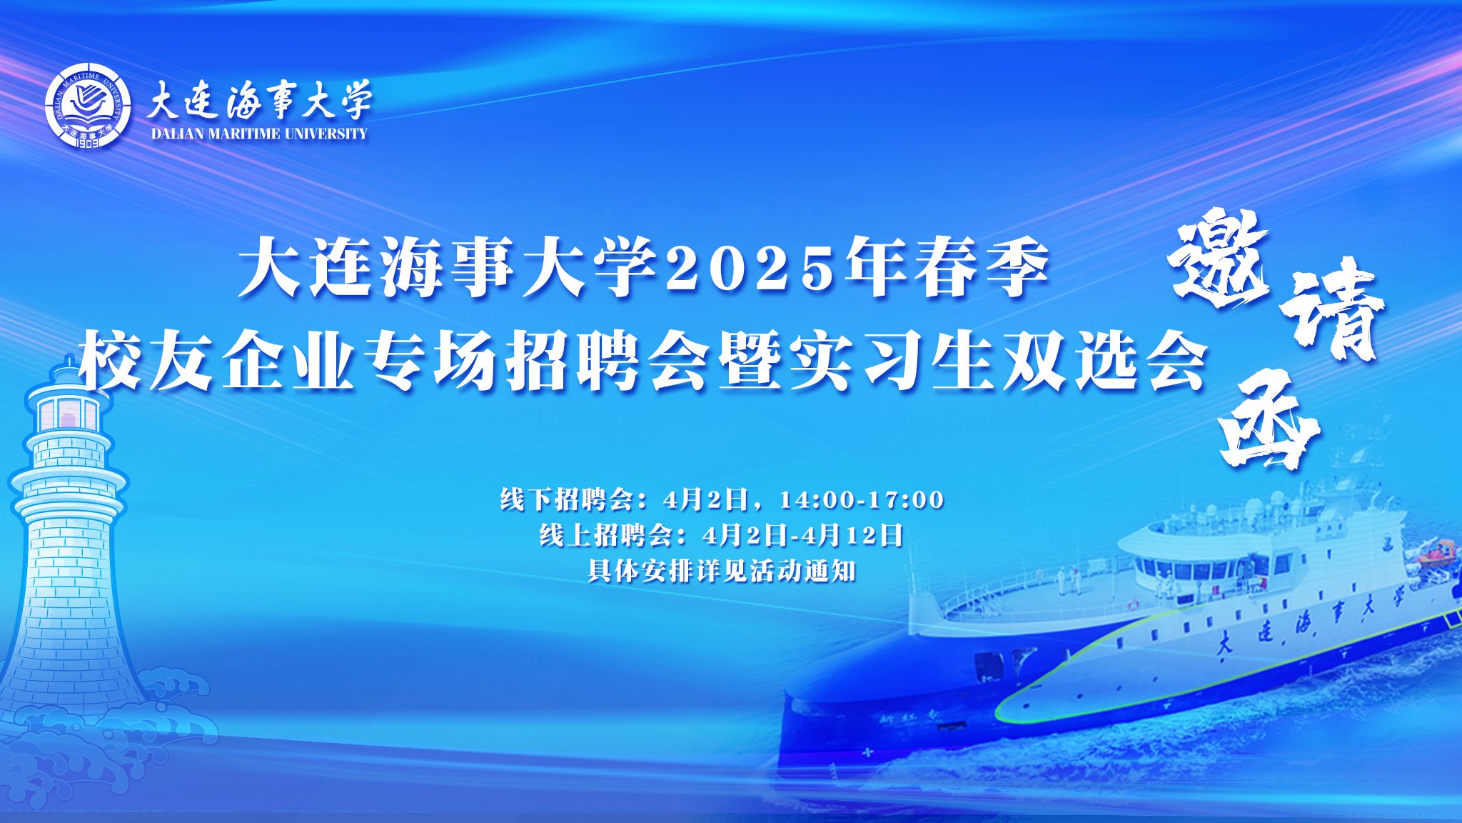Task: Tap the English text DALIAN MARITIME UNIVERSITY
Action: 260,134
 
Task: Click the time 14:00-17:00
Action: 862,499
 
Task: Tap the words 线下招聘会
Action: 567,499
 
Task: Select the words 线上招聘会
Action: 607,535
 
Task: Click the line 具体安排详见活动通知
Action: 722,572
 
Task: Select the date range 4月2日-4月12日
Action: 804,535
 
